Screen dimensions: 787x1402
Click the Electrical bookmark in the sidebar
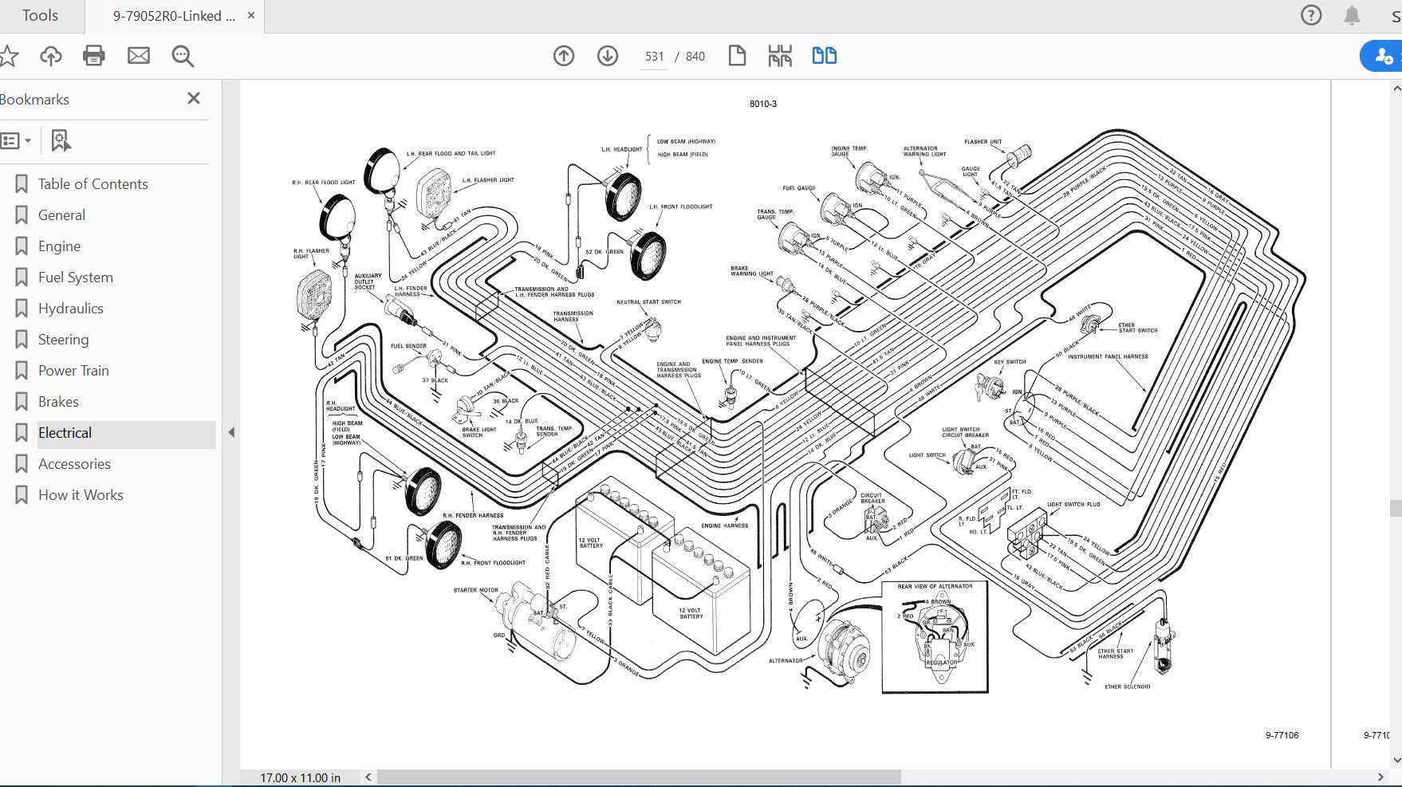coord(65,433)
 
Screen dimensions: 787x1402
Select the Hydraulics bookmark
coord(71,309)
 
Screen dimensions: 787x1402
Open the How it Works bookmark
coord(81,495)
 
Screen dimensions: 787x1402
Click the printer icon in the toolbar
coord(94,56)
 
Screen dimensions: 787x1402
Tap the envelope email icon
coord(139,56)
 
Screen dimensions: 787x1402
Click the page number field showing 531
coord(654,57)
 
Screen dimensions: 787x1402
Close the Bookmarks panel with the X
coord(193,98)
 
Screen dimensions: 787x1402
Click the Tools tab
coord(40,16)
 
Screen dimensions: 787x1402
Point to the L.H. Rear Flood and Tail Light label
coord(451,153)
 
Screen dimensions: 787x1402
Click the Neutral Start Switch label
coord(648,302)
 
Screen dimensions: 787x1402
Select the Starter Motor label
coord(475,591)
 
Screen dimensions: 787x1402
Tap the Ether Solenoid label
coord(1127,687)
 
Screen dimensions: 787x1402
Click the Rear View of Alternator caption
coord(935,587)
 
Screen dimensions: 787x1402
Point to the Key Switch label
coord(1010,362)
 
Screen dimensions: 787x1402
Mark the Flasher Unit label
coord(983,142)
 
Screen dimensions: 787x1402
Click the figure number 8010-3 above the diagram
coord(762,104)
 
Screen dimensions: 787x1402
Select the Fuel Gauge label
coord(798,188)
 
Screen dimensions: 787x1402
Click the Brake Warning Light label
coord(751,271)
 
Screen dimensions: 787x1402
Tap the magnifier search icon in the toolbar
coord(183,56)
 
